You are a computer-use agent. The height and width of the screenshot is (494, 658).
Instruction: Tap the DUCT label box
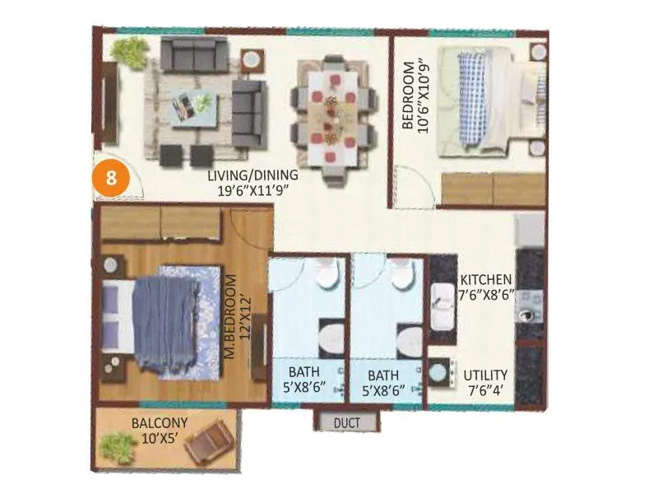tap(348, 423)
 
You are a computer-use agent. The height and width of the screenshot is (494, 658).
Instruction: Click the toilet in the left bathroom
tap(331, 338)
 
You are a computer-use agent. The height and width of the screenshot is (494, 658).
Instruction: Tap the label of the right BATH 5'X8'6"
tap(386, 381)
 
